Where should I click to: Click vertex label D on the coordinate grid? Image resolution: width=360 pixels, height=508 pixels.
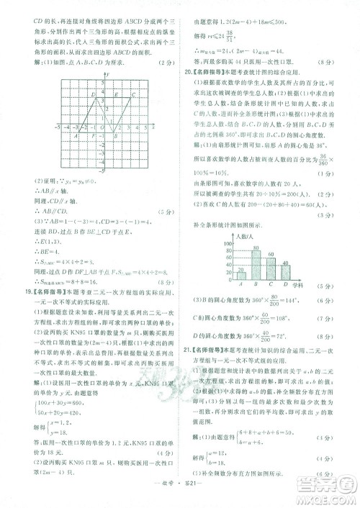[x=93, y=94]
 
